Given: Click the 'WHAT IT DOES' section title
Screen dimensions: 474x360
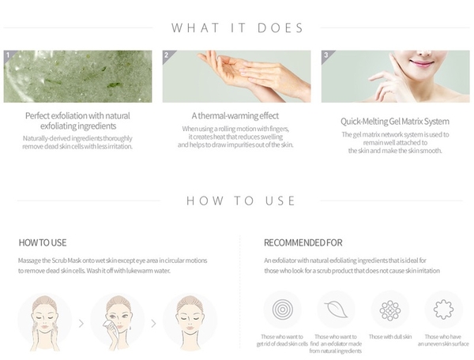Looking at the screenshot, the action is (x=237, y=28).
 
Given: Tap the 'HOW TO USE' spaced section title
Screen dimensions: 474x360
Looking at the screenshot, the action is (x=241, y=201).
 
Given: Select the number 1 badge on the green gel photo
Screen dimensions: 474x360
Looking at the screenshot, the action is (x=8, y=54).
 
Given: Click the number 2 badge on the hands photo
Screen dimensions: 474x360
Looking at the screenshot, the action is (x=166, y=54).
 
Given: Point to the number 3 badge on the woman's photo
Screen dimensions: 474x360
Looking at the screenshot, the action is (x=325, y=54).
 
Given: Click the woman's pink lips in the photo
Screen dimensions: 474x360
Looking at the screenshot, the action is (x=419, y=63).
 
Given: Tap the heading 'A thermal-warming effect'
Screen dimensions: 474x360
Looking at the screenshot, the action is (x=235, y=116).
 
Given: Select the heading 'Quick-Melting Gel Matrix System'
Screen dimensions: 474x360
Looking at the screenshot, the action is (x=395, y=122).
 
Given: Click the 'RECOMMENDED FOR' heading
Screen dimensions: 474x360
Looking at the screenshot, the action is (x=303, y=243).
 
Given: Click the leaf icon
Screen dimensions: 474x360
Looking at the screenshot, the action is (x=336, y=309).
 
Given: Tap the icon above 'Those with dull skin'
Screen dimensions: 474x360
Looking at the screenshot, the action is (x=390, y=310).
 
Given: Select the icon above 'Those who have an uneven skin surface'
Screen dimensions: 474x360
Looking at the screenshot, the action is (x=443, y=309).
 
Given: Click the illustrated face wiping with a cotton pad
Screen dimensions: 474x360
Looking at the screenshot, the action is (x=118, y=321).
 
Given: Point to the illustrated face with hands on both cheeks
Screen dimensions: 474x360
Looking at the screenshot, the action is (x=44, y=322).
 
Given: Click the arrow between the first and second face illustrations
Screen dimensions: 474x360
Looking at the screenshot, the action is (x=81, y=324).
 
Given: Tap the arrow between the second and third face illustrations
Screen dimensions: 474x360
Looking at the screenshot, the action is (x=153, y=324).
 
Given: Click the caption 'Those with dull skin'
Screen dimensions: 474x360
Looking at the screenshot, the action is (x=390, y=337).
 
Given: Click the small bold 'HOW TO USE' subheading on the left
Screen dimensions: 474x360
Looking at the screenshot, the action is (x=43, y=243).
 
